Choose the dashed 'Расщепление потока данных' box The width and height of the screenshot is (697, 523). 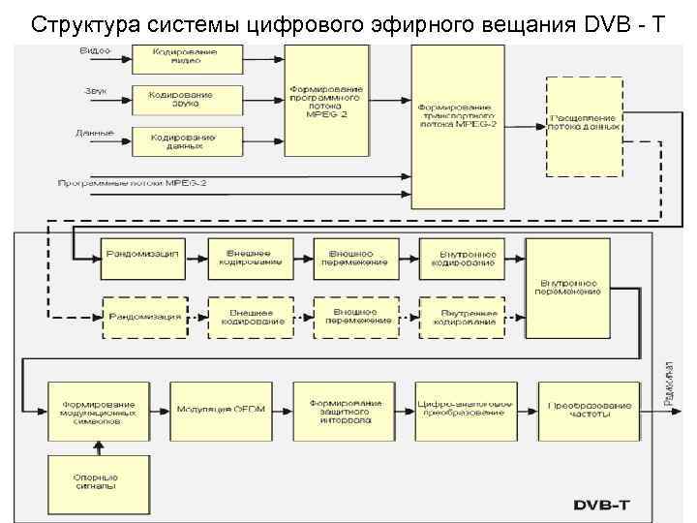(584, 126)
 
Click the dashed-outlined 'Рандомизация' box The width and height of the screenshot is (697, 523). (142, 317)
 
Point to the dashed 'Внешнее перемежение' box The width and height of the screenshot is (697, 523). (353, 317)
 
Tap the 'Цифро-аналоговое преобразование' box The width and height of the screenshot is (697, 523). (461, 410)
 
